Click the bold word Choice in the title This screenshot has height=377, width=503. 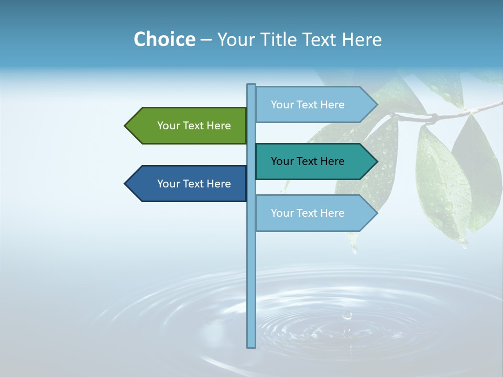click(164, 39)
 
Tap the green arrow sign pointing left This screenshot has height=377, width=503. click(189, 126)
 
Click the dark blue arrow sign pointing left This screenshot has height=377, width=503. click(189, 184)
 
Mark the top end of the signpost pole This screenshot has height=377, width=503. click(251, 85)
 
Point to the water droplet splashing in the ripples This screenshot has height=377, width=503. click(346, 315)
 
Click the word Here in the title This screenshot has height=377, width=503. click(362, 39)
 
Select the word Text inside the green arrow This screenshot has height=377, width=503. click(194, 126)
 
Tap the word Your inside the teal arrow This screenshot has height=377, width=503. click(282, 161)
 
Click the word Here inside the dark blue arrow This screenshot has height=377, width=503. click(218, 184)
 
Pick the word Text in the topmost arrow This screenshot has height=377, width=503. click(308, 105)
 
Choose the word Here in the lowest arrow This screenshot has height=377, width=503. click(332, 213)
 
